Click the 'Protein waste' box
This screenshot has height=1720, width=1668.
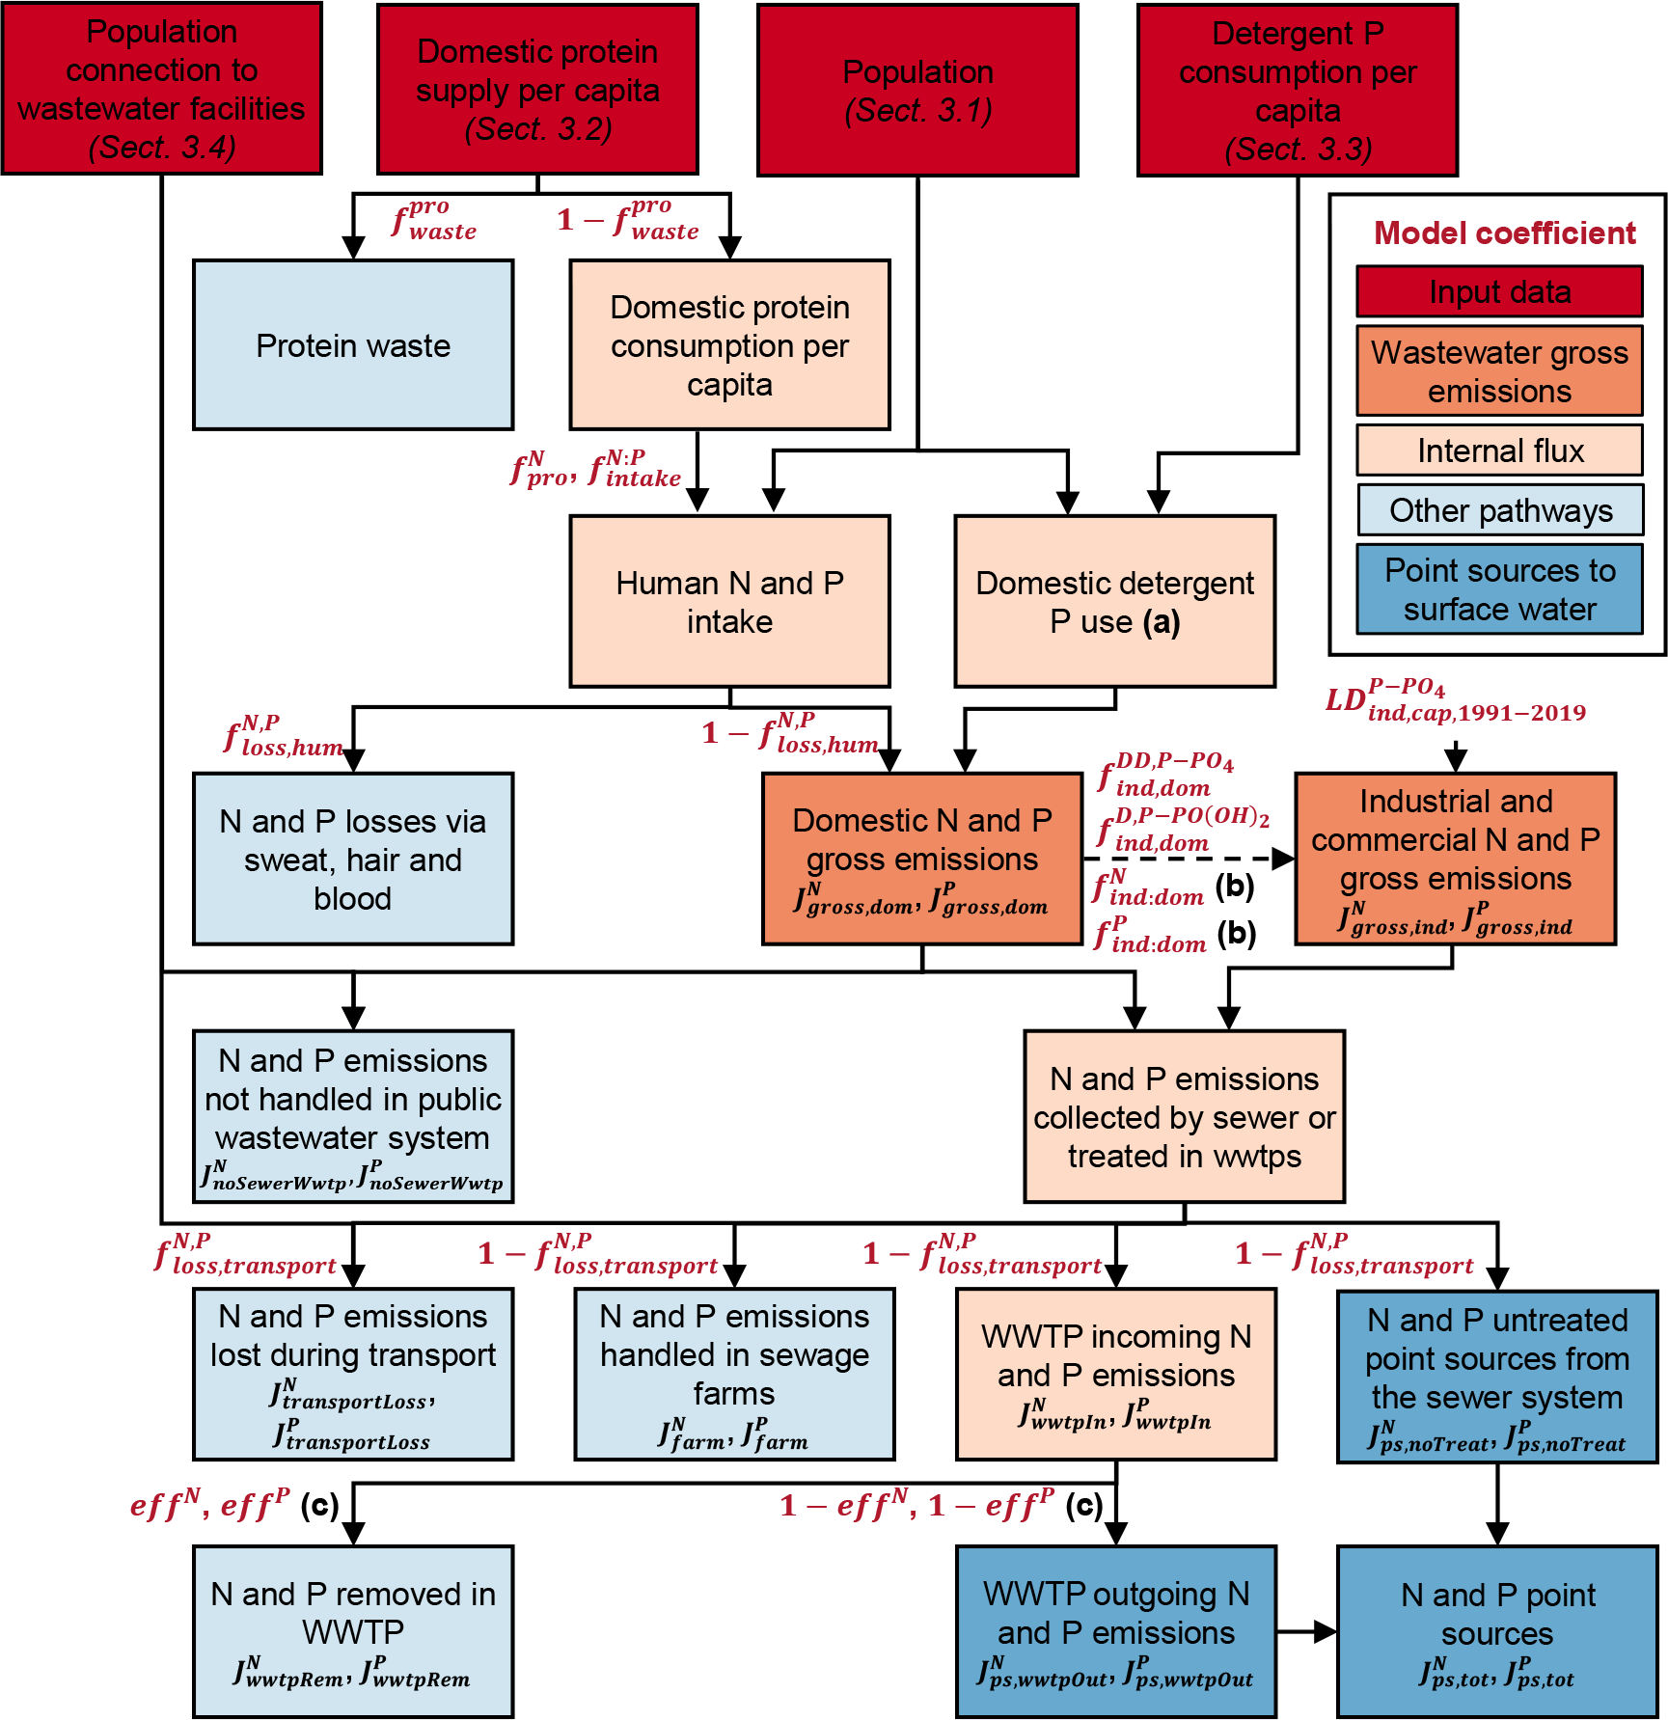[x=353, y=344]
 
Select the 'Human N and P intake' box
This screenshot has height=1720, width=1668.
[x=729, y=601]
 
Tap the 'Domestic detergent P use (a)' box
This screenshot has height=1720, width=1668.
[x=1114, y=601]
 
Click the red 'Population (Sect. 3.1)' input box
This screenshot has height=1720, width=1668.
[x=917, y=90]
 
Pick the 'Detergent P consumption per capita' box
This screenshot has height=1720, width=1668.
[x=1298, y=90]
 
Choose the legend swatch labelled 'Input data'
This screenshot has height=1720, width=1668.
[x=1499, y=291]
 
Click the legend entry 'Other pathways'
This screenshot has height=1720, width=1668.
[x=1499, y=509]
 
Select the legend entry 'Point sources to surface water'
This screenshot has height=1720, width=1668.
[x=1499, y=589]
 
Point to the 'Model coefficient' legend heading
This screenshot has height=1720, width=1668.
[x=1504, y=232]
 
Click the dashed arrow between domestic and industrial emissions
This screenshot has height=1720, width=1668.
[x=1187, y=858]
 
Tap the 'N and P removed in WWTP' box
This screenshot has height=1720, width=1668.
[x=353, y=1631]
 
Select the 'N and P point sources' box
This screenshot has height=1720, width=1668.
[x=1497, y=1631]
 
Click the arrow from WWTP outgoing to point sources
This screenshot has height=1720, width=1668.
[x=1307, y=1631]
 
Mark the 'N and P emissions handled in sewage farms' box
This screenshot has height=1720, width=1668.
[x=734, y=1374]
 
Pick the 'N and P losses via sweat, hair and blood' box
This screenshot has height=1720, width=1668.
[x=353, y=858]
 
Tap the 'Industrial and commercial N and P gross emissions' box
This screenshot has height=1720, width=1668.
[x=1455, y=858]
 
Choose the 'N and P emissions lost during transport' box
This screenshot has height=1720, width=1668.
[x=353, y=1374]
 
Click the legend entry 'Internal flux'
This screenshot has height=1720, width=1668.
[x=1499, y=450]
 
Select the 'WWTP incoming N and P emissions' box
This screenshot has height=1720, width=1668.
[x=1115, y=1374]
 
